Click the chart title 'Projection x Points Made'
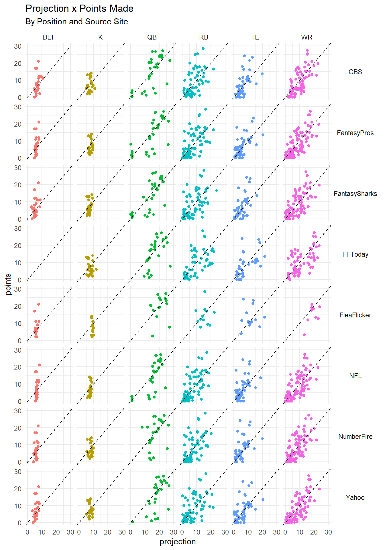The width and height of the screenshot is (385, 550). coord(79,9)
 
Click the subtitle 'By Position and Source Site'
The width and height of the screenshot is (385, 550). coord(76,22)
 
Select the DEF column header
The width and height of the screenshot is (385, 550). coord(49,37)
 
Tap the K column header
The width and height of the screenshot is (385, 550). coord(100,37)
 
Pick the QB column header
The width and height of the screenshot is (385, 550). coord(152,37)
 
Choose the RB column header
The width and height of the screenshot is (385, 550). coord(204,37)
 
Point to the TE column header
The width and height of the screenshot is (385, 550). coord(255,37)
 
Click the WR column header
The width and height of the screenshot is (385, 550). coord(307,37)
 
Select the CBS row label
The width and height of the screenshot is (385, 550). coord(355,72)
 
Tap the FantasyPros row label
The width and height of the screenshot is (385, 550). coord(355,133)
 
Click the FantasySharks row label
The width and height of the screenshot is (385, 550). coord(355,194)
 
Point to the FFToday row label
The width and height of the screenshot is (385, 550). coord(355,254)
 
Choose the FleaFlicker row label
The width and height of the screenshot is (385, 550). coord(355,315)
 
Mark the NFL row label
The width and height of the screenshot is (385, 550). coord(355,376)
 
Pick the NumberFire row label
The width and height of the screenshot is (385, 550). coord(355,437)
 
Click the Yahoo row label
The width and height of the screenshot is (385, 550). coord(355,498)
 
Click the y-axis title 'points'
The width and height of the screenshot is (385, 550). coord(8,284)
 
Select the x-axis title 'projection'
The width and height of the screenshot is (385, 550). coord(178,542)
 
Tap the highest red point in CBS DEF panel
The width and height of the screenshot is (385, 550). coord(38,61)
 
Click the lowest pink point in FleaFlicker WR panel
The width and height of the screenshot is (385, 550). coord(304,335)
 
